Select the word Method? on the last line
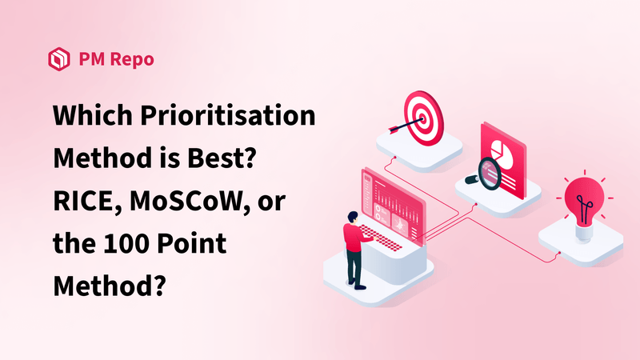coord(109,284)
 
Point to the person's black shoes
coord(359,285)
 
